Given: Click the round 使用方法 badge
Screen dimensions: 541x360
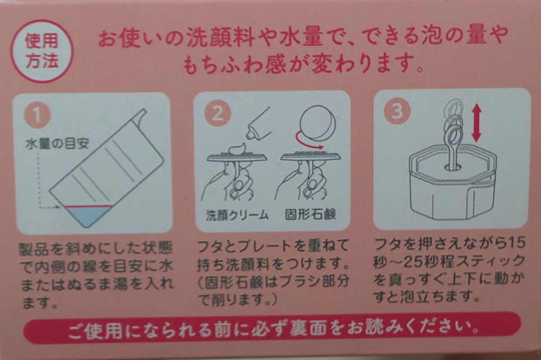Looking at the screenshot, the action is (x=41, y=51).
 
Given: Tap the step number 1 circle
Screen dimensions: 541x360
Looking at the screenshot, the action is (x=37, y=116).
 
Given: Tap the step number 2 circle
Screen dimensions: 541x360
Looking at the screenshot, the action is (x=218, y=113).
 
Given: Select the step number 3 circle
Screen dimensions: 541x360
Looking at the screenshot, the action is (x=397, y=111).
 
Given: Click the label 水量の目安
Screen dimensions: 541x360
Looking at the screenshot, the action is (x=57, y=144).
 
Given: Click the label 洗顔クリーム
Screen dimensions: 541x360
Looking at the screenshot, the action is (x=237, y=214).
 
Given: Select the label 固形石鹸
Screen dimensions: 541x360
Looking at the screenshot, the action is (x=310, y=214).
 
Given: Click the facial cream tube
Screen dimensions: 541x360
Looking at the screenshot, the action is (x=257, y=123).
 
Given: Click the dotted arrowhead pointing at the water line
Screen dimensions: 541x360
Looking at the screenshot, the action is (x=58, y=207).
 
